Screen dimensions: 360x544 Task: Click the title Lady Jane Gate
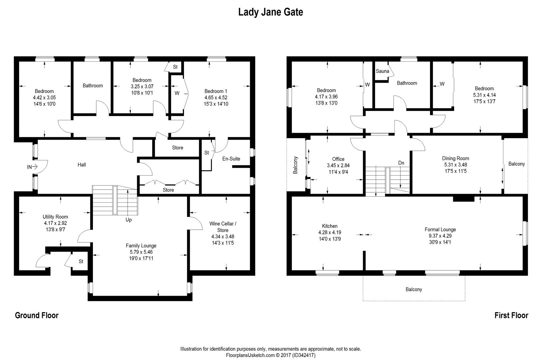(271, 12)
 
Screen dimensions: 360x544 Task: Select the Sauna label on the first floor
(382, 71)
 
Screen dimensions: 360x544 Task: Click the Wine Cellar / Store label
(223, 227)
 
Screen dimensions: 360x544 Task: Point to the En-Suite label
(231, 159)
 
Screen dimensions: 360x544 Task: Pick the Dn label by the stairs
(401, 163)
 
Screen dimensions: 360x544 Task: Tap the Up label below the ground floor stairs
(129, 220)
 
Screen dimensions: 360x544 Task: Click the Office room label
(338, 159)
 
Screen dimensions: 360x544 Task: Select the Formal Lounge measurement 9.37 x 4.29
(440, 236)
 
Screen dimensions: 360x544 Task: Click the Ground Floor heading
(37, 315)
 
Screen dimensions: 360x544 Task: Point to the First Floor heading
(511, 315)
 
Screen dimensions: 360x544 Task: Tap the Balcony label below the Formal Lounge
(414, 289)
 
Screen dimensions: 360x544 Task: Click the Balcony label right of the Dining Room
(516, 164)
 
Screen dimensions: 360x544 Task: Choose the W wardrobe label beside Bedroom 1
(177, 93)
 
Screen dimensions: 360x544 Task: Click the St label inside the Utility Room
(81, 262)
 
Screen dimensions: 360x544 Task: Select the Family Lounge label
(141, 246)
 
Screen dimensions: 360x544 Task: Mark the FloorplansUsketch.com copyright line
(271, 355)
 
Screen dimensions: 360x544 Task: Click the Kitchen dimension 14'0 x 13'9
(329, 239)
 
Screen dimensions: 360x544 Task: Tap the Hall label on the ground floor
(82, 165)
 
